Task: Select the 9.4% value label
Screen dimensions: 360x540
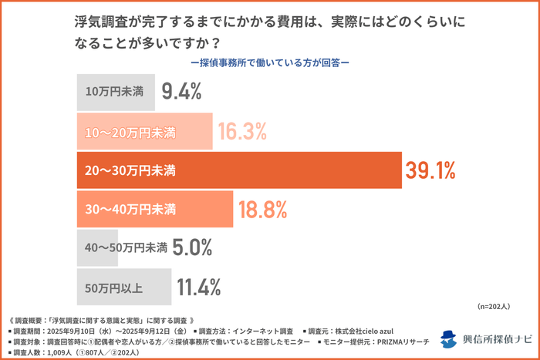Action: click(181, 93)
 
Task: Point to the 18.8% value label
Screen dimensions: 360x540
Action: click(262, 209)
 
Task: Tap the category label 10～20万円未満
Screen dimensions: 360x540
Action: click(130, 133)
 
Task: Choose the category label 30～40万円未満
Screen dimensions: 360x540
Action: click(130, 210)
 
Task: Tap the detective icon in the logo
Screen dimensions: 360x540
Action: click(449, 340)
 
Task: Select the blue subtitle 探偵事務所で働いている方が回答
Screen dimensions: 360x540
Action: click(269, 62)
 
